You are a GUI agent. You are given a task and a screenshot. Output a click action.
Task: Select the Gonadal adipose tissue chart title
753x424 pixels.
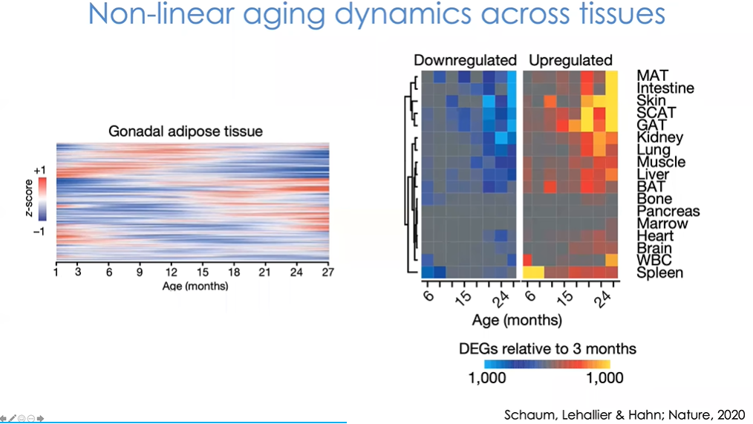click(x=186, y=132)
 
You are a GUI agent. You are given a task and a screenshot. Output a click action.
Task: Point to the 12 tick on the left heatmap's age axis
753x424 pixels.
click(x=172, y=273)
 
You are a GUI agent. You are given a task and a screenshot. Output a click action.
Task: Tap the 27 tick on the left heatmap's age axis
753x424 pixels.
click(x=325, y=273)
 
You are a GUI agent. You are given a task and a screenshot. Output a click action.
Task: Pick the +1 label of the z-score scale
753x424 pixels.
click(x=40, y=170)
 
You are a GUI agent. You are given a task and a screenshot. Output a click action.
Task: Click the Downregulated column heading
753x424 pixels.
click(x=465, y=60)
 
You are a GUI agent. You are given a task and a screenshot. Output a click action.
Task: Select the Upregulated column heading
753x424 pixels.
click(x=570, y=60)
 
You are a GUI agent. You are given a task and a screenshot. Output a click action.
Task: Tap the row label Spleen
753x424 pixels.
click(x=660, y=273)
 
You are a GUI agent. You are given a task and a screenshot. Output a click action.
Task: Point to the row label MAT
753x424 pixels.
click(x=652, y=76)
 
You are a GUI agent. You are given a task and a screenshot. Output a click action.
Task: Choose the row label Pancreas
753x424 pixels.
click(x=668, y=211)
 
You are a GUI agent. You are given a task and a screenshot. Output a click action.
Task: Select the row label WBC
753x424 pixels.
click(x=653, y=261)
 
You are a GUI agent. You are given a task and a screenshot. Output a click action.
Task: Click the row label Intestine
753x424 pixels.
click(x=665, y=88)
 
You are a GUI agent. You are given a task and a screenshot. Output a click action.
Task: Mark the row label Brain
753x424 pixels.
click(x=654, y=248)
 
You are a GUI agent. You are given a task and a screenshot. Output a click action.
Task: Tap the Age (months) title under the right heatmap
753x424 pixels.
click(x=517, y=321)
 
